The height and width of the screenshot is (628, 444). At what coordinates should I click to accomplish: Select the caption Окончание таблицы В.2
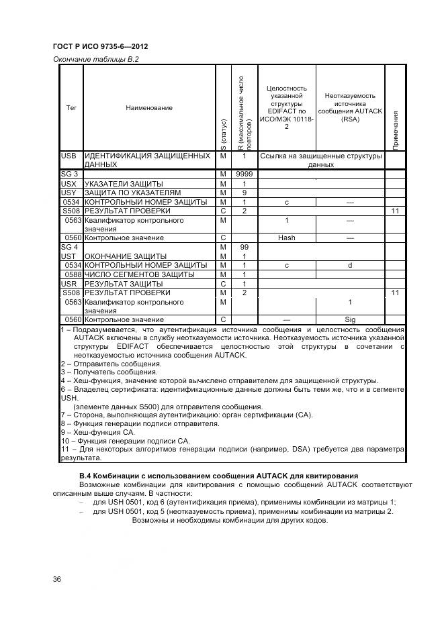click(x=95, y=59)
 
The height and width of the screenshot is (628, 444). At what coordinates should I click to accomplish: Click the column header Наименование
click(x=148, y=107)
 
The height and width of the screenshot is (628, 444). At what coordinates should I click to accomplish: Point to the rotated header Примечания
click(x=396, y=129)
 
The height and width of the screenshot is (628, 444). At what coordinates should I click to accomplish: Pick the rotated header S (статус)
click(x=223, y=134)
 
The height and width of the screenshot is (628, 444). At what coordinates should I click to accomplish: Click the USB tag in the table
click(x=69, y=156)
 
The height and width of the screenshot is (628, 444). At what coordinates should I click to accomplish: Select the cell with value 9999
click(x=245, y=174)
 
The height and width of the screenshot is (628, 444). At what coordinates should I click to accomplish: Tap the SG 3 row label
click(x=70, y=174)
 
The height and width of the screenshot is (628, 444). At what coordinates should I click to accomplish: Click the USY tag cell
click(x=69, y=193)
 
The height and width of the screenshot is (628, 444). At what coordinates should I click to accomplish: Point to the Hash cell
click(x=286, y=238)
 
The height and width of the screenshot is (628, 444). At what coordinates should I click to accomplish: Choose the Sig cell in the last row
click(x=349, y=320)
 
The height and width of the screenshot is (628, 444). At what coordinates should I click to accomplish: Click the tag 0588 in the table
click(x=73, y=274)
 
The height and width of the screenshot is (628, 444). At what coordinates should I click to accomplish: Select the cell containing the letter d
click(x=349, y=265)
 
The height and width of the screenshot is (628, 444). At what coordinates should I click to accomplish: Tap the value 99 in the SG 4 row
click(x=245, y=247)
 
